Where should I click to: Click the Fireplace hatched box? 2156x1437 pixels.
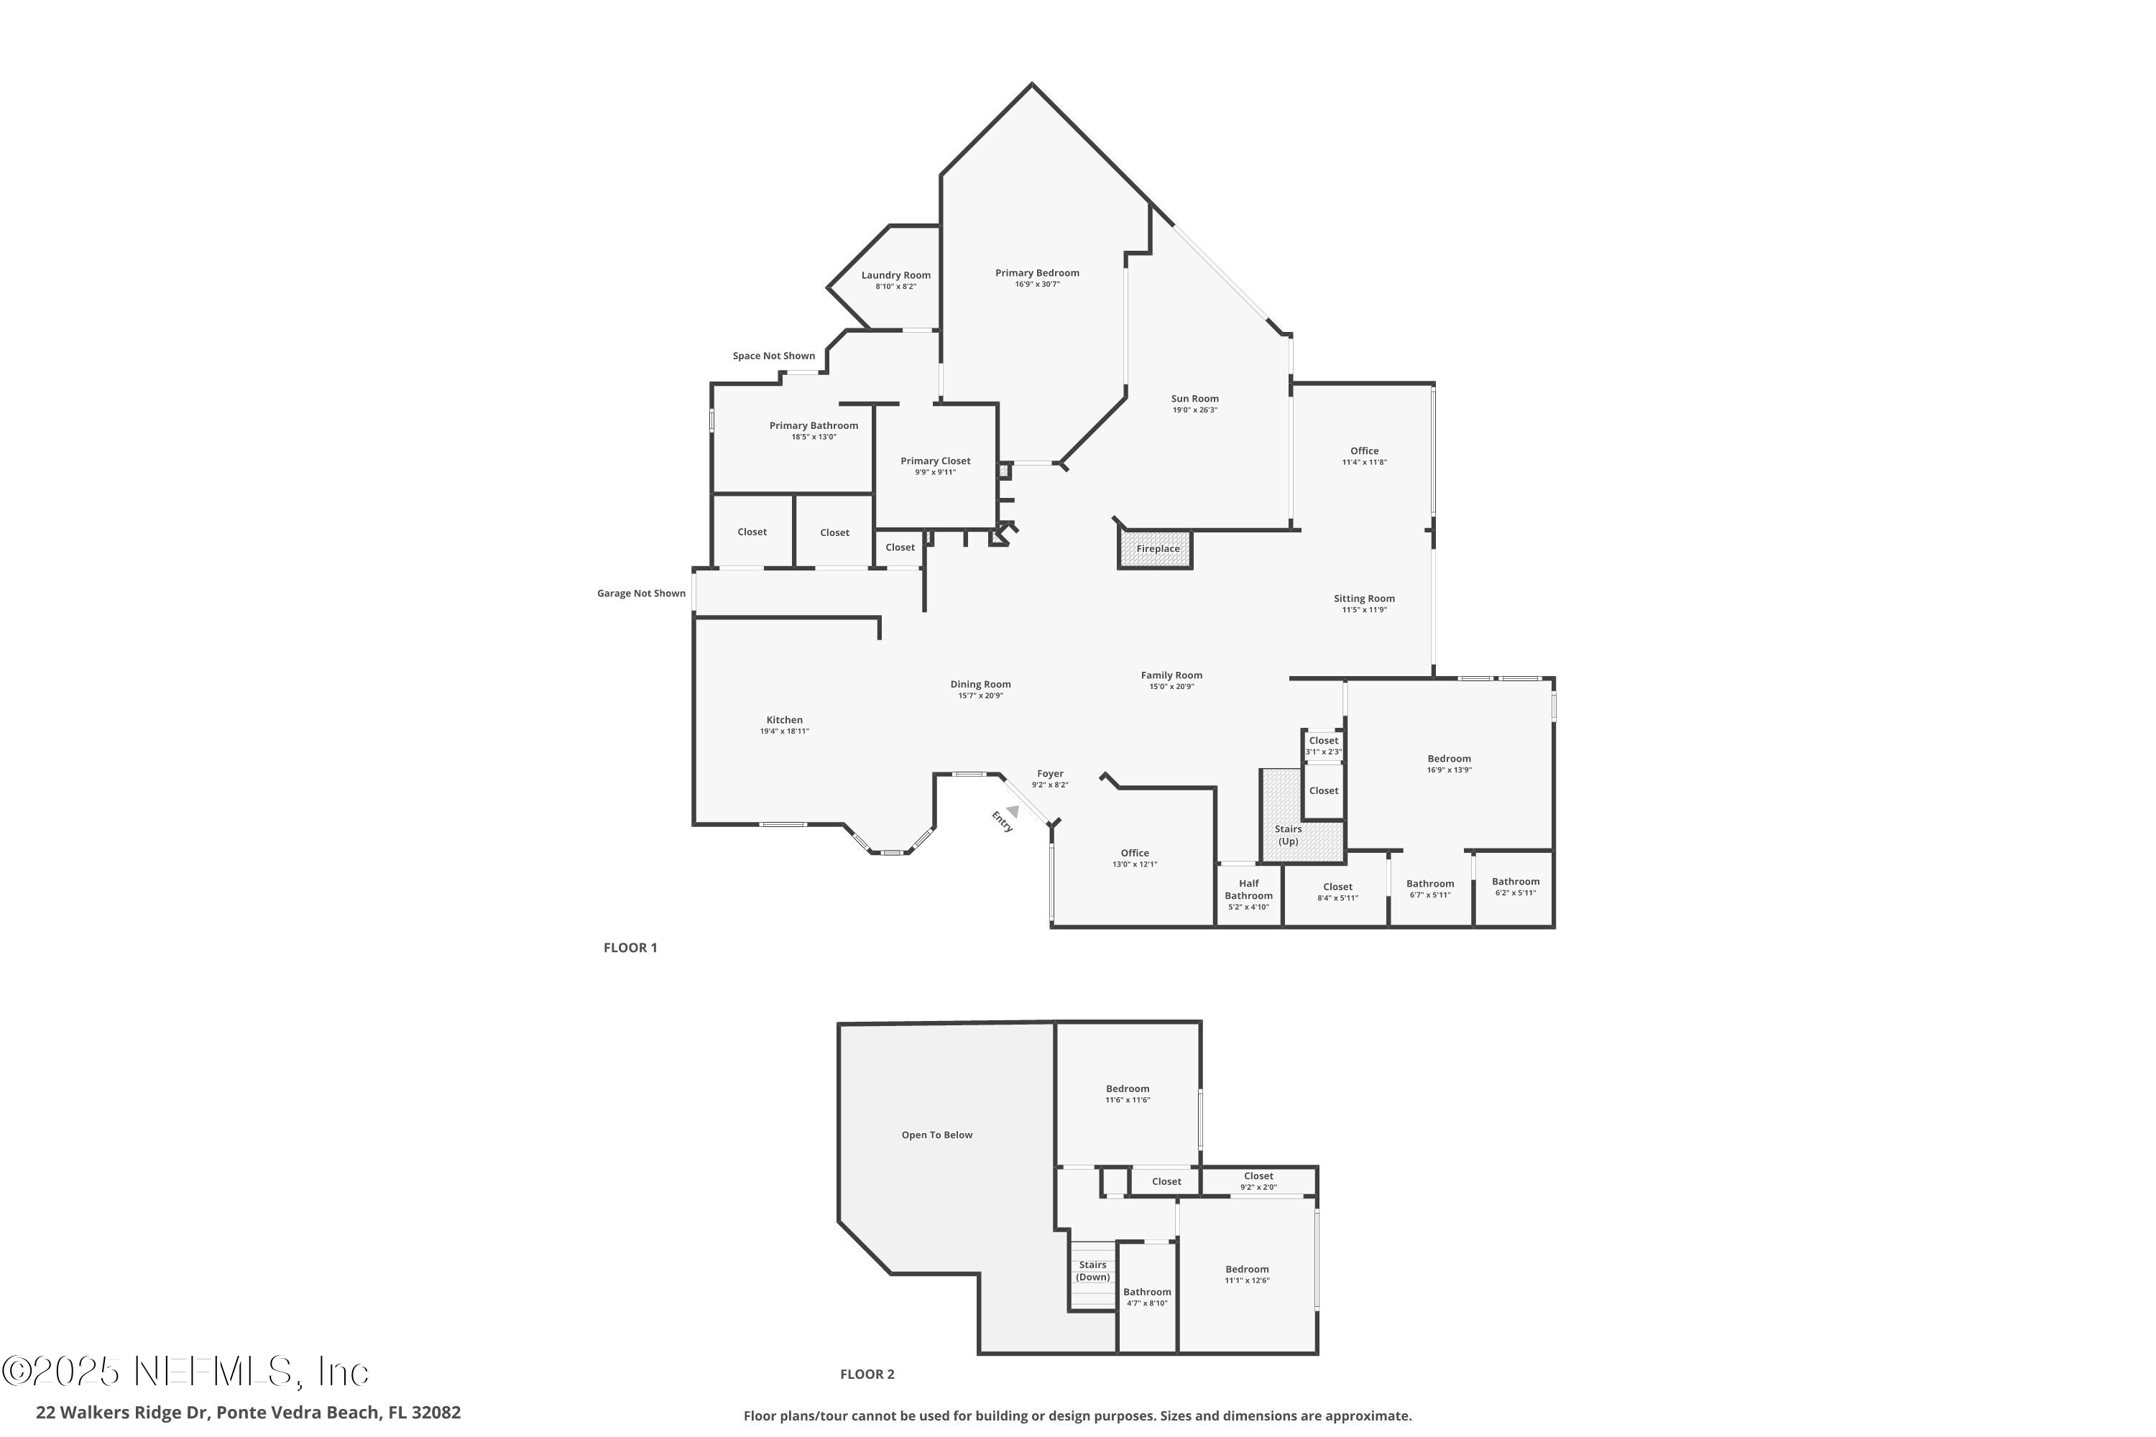pyautogui.click(x=1155, y=549)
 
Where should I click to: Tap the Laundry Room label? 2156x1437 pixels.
pyautogui.click(x=895, y=275)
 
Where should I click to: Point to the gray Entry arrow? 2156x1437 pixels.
pyautogui.click(x=1012, y=811)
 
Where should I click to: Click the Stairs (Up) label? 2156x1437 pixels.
pyautogui.click(x=1288, y=835)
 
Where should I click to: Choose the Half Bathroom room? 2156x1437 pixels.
pyautogui.click(x=1248, y=894)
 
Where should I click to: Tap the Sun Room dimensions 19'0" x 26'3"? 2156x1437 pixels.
pyautogui.click(x=1194, y=410)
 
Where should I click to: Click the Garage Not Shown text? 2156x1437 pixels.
pyautogui.click(x=641, y=593)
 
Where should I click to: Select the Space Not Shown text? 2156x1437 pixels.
pyautogui.click(x=774, y=356)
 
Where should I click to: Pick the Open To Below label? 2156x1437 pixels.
pyautogui.click(x=937, y=1135)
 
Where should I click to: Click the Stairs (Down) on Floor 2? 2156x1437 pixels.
pyautogui.click(x=1092, y=1270)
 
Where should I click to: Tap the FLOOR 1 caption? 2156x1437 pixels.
pyautogui.click(x=630, y=948)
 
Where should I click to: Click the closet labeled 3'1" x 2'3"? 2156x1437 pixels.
pyautogui.click(x=1323, y=745)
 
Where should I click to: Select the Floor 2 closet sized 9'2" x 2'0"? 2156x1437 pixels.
pyautogui.click(x=1258, y=1181)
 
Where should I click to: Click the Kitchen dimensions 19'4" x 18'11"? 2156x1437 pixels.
pyautogui.click(x=784, y=731)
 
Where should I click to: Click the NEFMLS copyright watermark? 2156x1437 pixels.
pyautogui.click(x=185, y=1371)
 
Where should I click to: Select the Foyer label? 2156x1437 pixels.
pyautogui.click(x=1049, y=774)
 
